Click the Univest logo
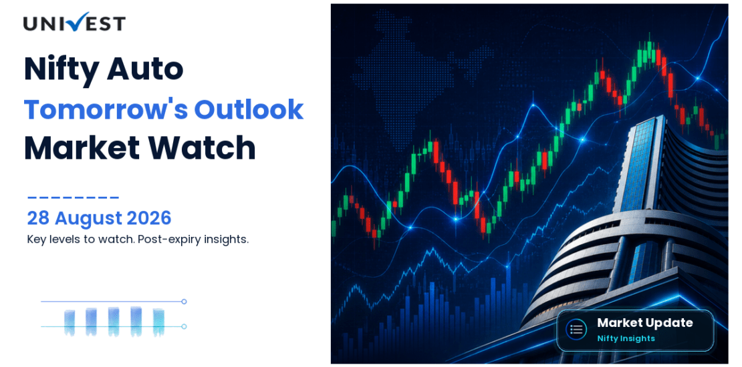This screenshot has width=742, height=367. [74, 22]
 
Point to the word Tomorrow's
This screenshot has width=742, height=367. [105, 109]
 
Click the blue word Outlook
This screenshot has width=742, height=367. [249, 109]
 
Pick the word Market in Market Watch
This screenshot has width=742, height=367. [82, 148]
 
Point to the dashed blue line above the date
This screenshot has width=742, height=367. [73, 198]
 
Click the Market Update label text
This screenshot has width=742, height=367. [644, 323]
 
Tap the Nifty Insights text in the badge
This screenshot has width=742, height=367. [626, 338]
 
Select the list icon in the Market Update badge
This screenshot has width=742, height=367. [576, 329]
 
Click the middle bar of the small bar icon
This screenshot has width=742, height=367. [114, 321]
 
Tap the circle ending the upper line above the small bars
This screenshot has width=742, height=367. [184, 302]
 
